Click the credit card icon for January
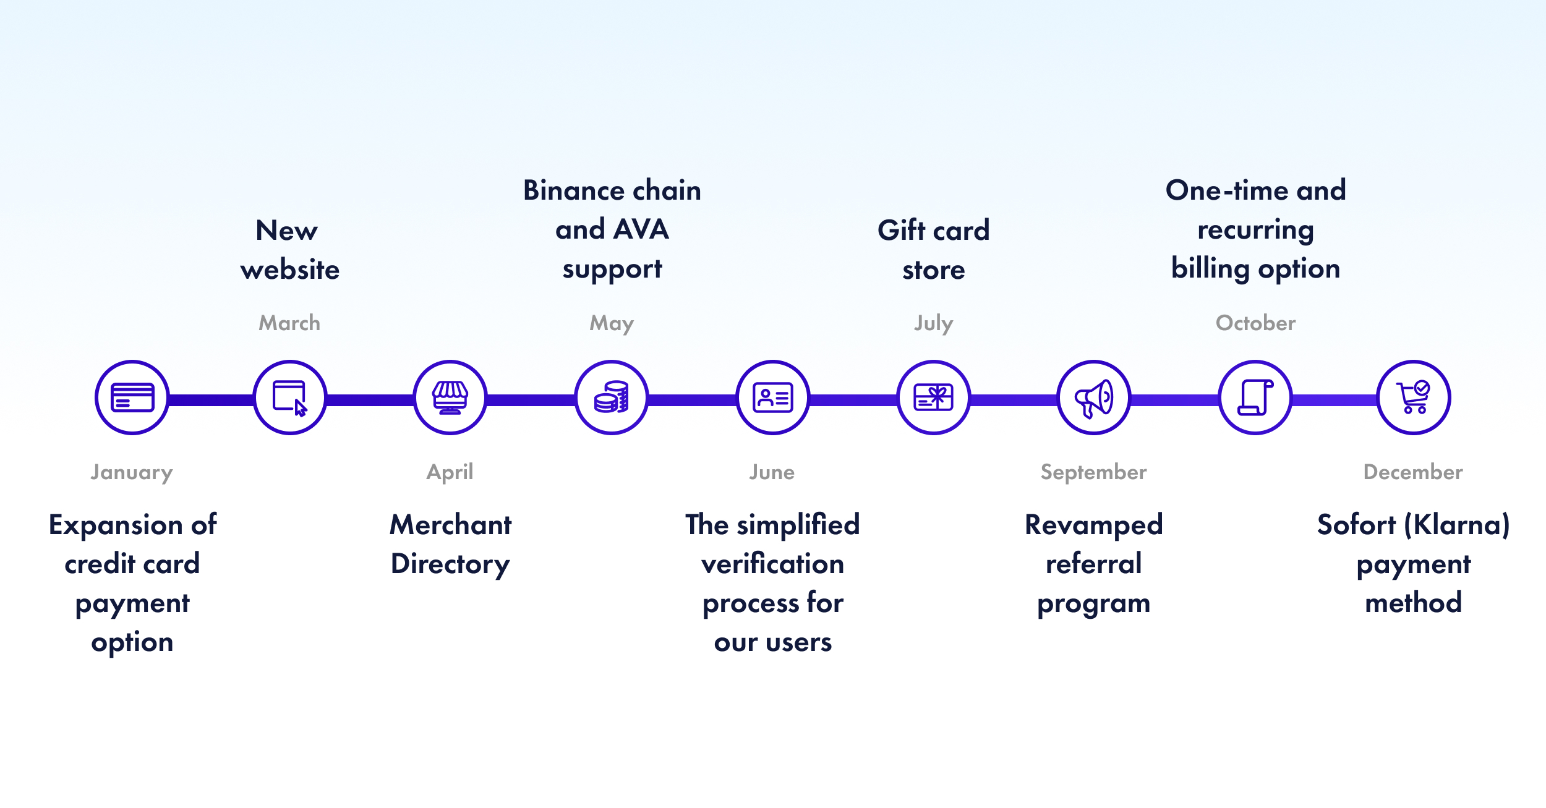pyautogui.click(x=132, y=398)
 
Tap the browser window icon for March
pyautogui.click(x=290, y=398)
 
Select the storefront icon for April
pyautogui.click(x=450, y=398)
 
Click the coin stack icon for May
pyautogui.click(x=612, y=397)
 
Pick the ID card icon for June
pyautogui.click(x=773, y=398)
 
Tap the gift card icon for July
pyautogui.click(x=934, y=398)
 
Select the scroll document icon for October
pyautogui.click(x=1255, y=398)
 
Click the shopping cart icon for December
pyautogui.click(x=1414, y=397)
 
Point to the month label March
pyautogui.click(x=289, y=323)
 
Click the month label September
pyautogui.click(x=1093, y=473)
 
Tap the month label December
pyautogui.click(x=1413, y=472)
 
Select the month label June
pyautogui.click(x=772, y=472)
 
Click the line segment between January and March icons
pyautogui.click(x=211, y=400)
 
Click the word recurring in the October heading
pyautogui.click(x=1255, y=231)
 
